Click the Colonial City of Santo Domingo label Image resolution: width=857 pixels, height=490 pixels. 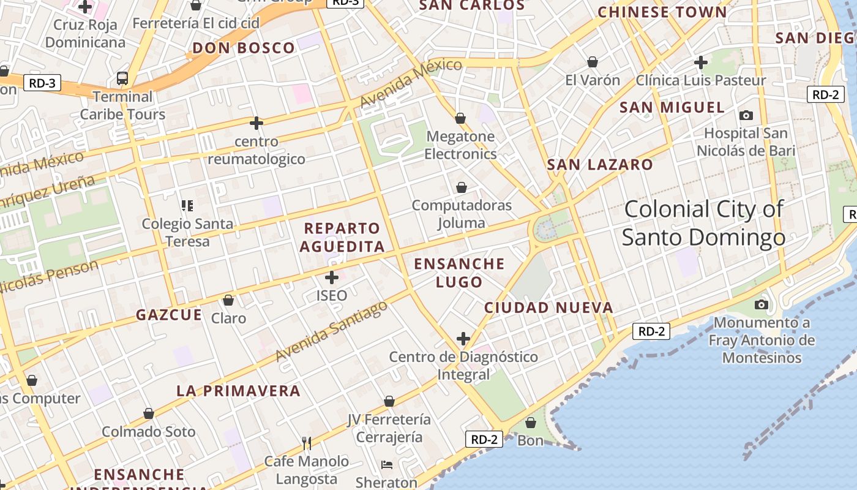click(703, 223)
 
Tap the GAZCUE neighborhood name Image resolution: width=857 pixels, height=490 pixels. click(168, 315)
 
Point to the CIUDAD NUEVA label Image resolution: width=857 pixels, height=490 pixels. click(548, 307)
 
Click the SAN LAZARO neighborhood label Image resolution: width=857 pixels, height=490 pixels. click(600, 165)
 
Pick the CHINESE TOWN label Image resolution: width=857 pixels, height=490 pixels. click(662, 12)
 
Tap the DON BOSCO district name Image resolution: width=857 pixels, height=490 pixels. click(244, 48)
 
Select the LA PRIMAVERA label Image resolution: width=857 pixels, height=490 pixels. click(238, 391)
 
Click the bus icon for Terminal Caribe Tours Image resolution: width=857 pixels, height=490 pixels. click(122, 78)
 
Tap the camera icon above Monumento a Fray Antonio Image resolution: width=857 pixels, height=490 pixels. click(762, 304)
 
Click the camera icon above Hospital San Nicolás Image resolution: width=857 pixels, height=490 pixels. click(746, 115)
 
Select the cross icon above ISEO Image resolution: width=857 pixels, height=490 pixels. click(332, 277)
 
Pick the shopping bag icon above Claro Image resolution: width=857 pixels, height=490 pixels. click(228, 300)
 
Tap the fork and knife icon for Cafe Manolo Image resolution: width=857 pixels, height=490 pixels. click(307, 443)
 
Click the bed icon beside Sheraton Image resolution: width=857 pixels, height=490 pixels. click(387, 465)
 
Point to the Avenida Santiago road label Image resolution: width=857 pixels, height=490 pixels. click(332, 331)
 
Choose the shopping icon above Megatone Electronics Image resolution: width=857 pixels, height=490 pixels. click(460, 118)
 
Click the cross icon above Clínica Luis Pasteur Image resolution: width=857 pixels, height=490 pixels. click(701, 62)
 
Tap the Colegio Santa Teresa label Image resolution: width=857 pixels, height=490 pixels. click(187, 232)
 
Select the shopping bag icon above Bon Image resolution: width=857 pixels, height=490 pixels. click(531, 423)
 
